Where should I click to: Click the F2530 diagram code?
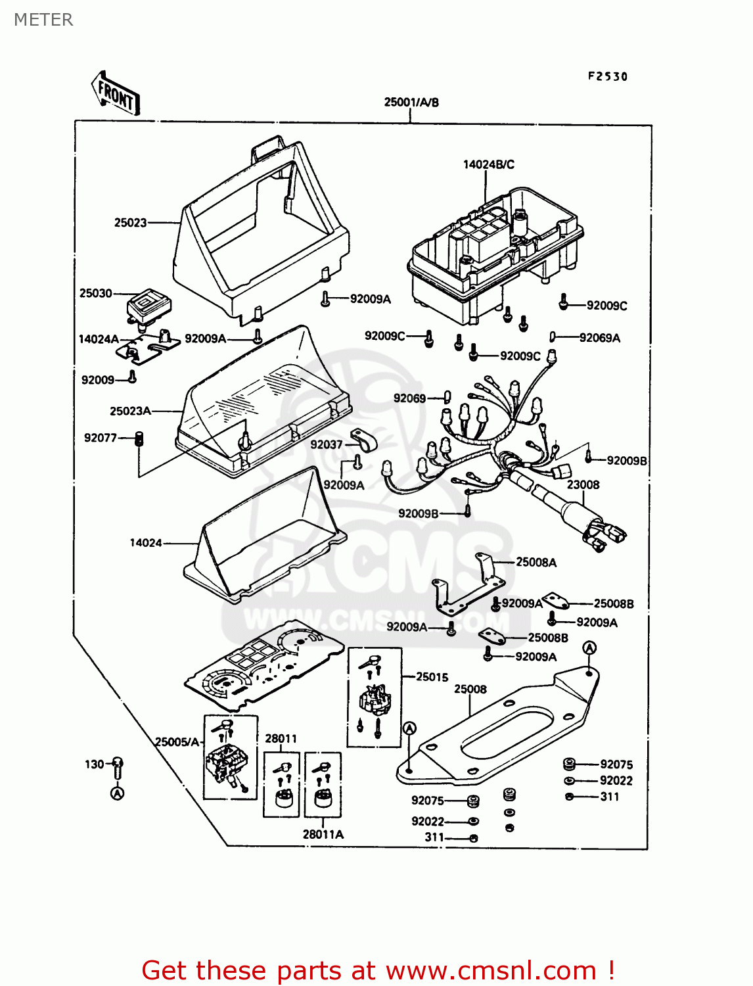[x=607, y=76]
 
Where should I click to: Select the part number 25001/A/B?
[x=411, y=102]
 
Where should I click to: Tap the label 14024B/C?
[x=488, y=164]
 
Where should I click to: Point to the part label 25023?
[x=130, y=222]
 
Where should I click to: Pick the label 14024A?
[x=99, y=339]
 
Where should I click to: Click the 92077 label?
[x=100, y=438]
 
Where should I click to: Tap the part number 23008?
[x=583, y=484]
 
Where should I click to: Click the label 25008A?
[x=536, y=562]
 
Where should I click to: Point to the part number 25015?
[x=432, y=676]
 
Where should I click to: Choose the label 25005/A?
[x=176, y=741]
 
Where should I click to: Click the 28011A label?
[x=323, y=834]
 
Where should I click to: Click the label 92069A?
[x=599, y=338]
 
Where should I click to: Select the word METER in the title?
[x=43, y=20]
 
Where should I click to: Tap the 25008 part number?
[x=470, y=689]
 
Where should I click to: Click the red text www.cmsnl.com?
[x=490, y=970]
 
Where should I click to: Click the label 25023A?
[x=130, y=411]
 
